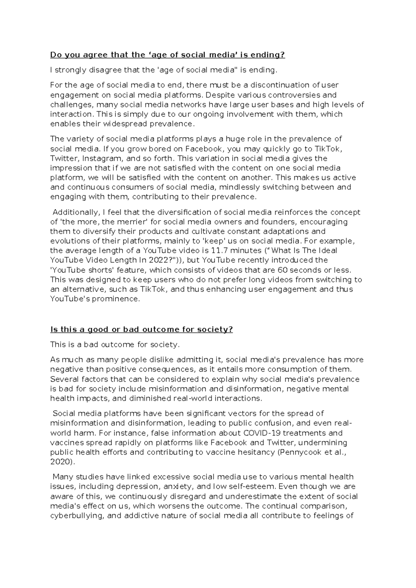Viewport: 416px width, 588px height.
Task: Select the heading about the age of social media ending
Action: pos(167,55)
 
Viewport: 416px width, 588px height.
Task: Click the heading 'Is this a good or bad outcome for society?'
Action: pos(141,329)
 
